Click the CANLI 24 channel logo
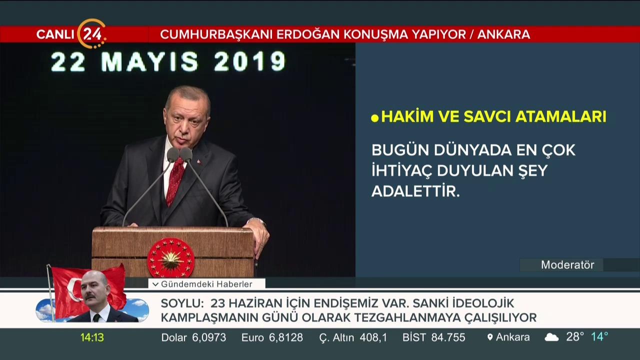[71, 34]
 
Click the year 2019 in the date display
[249, 62]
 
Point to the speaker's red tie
[174, 180]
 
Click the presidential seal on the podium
[171, 257]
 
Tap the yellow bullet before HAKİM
[375, 118]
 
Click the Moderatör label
[567, 265]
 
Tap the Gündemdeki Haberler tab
[207, 284]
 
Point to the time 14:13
[92, 337]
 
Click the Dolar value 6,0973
[209, 337]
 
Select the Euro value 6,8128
[285, 337]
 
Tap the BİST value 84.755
[448, 337]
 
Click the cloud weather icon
[551, 337]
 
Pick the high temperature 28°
[575, 336]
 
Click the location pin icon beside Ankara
[490, 337]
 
